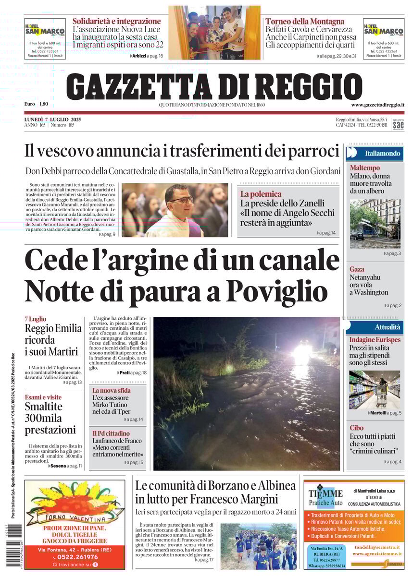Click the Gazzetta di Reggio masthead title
tap(214, 86)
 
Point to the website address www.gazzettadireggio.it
tap(377, 105)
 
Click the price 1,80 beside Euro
tap(44, 104)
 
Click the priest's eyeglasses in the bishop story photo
tap(181, 199)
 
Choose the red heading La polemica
tap(261, 194)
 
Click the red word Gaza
tap(357, 269)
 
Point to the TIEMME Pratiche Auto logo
tap(325, 497)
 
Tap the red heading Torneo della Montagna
tap(305, 21)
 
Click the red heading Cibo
tap(356, 428)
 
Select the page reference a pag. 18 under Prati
tap(137, 372)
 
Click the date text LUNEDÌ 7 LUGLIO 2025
tap(52, 119)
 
